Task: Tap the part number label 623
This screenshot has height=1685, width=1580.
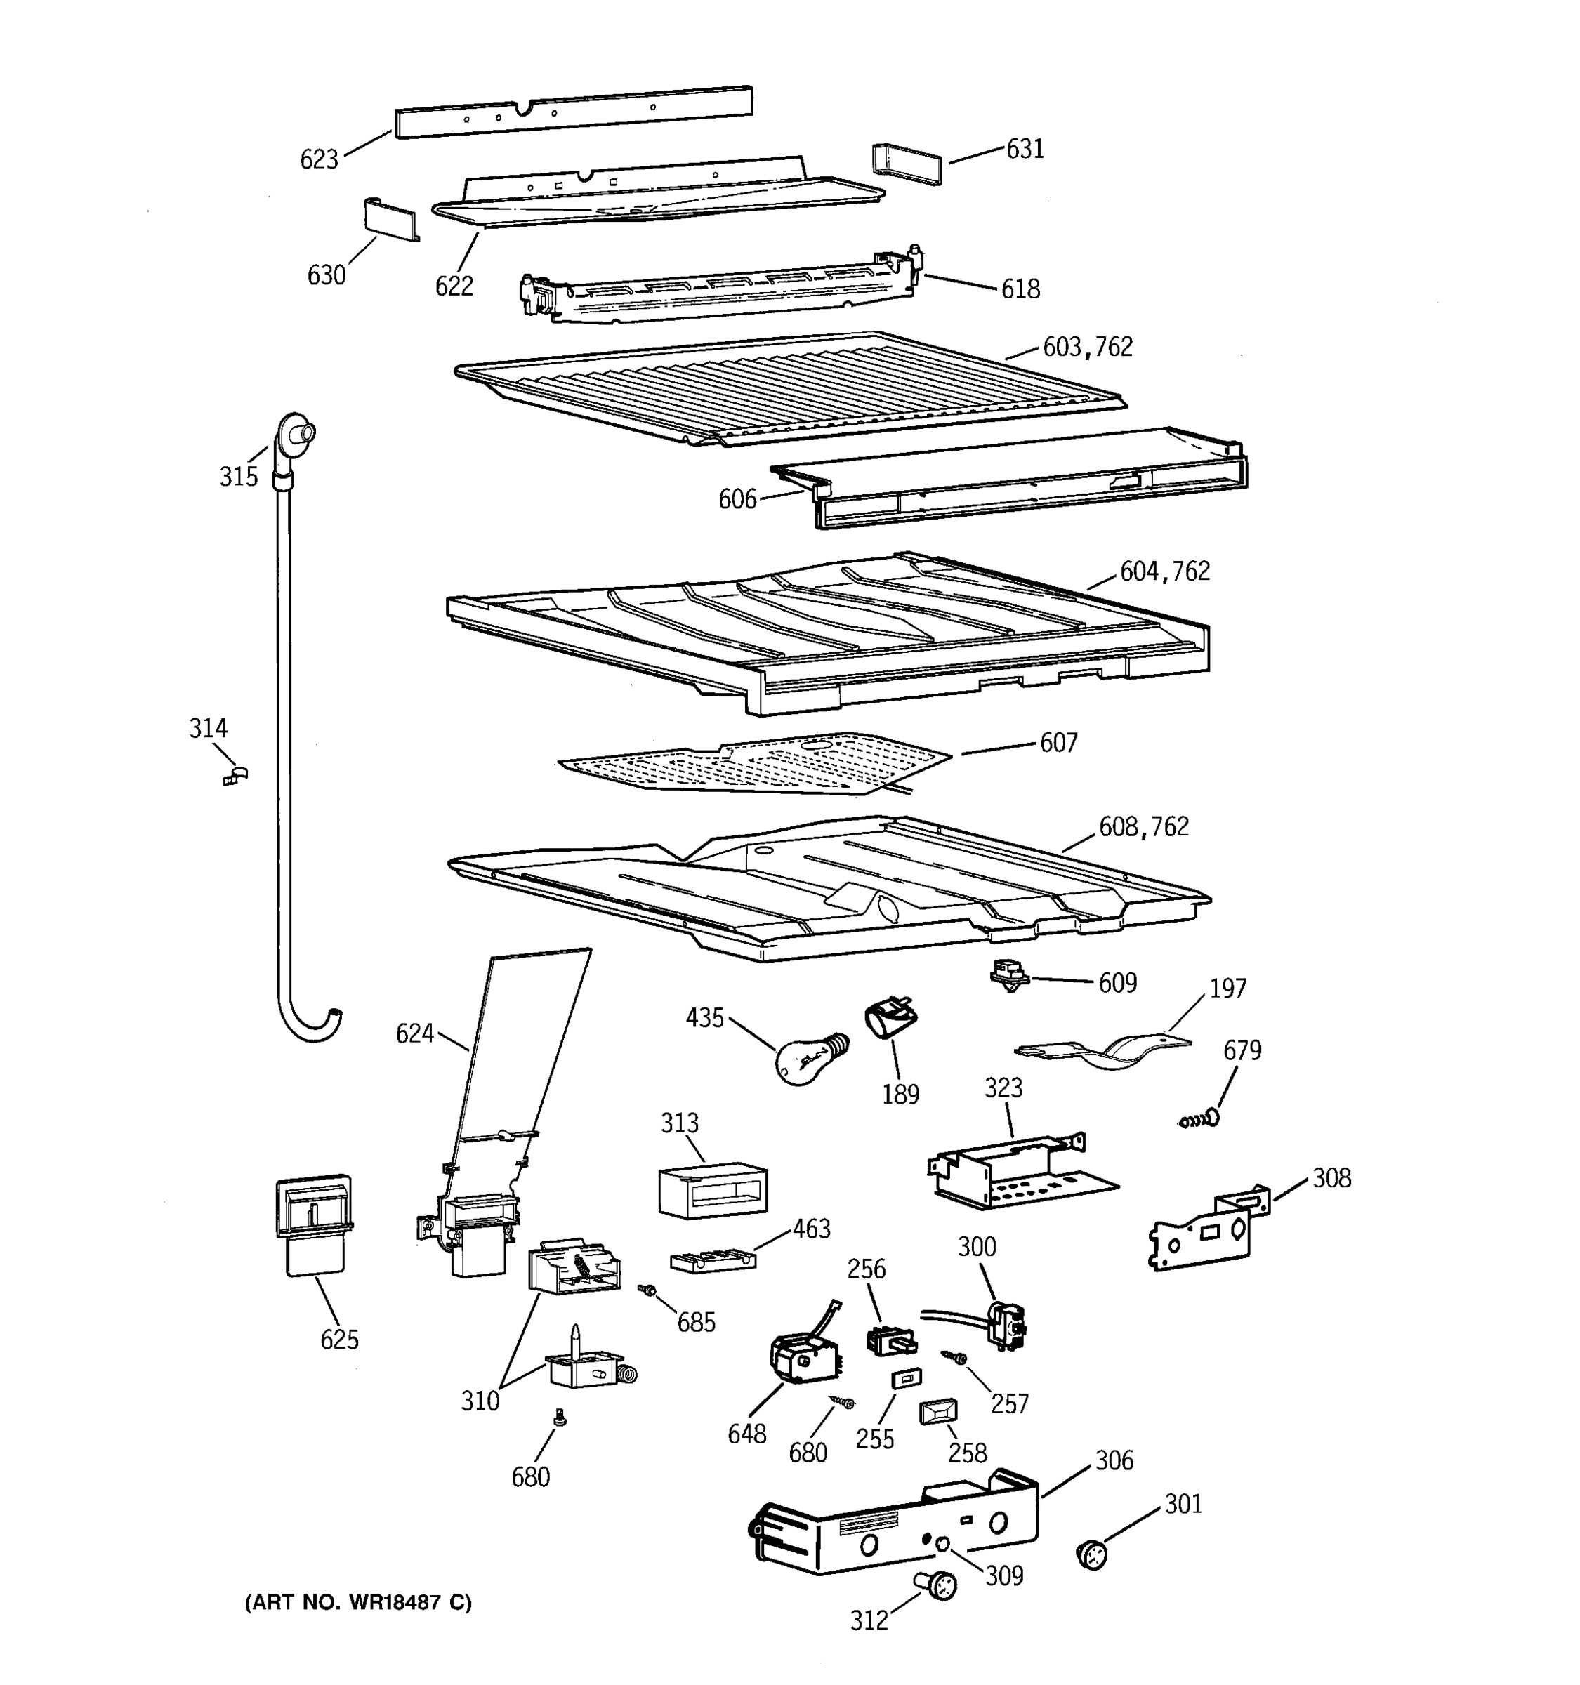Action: click(319, 159)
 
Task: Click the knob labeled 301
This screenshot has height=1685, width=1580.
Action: click(1092, 1555)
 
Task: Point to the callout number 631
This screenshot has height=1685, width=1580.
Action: click(1024, 149)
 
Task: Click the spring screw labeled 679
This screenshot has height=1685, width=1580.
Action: click(1199, 1120)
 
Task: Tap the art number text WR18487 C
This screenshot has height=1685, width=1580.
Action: click(357, 1602)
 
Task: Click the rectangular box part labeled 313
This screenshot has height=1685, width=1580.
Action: click(712, 1190)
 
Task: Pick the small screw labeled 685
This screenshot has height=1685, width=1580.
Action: click(648, 1289)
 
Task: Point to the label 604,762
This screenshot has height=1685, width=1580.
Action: click(1165, 572)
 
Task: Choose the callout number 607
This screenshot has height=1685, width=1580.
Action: click(1058, 744)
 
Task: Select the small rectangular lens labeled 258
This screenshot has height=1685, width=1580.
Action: click(938, 1411)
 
